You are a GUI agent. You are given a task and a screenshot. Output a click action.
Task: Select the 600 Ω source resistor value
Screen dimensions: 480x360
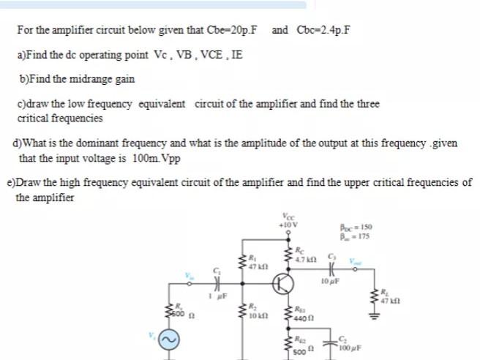pyautogui.click(x=180, y=317)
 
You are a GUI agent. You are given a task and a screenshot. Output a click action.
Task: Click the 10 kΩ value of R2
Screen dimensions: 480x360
pyautogui.click(x=254, y=317)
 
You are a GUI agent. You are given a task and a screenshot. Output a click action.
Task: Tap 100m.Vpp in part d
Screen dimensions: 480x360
pyautogui.click(x=157, y=158)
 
